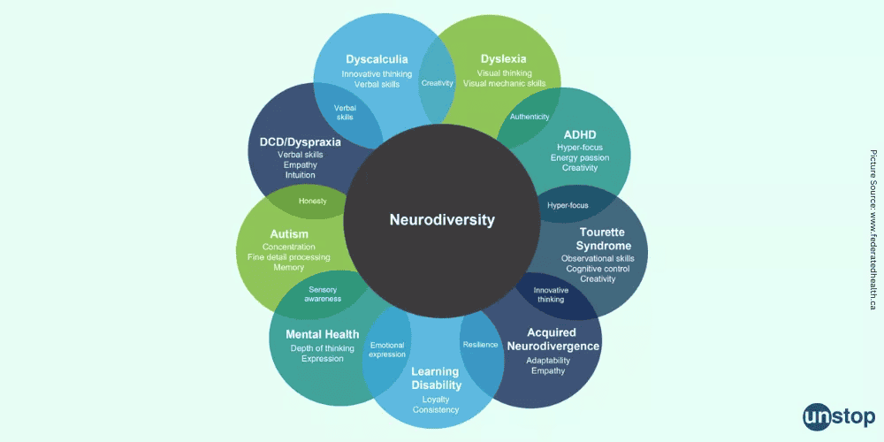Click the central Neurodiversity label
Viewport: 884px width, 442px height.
442,219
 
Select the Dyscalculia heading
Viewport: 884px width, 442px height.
377,59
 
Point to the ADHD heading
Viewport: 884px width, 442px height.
580,134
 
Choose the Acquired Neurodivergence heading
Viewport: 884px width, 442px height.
552,339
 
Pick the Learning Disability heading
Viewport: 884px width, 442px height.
436,378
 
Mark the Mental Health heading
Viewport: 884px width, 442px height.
323,334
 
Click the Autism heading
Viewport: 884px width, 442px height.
289,233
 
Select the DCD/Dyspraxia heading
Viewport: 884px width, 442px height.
300,141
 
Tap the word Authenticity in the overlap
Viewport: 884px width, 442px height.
530,117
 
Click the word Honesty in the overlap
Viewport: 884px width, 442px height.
312,201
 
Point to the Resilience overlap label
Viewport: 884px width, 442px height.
480,344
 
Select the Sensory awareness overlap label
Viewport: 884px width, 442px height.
323,293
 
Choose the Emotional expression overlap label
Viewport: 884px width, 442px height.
387,349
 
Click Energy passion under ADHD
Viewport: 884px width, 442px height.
580,157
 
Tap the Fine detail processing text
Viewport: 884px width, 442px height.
289,257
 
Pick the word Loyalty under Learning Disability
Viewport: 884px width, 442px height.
436,399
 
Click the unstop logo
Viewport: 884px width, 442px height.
838,415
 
